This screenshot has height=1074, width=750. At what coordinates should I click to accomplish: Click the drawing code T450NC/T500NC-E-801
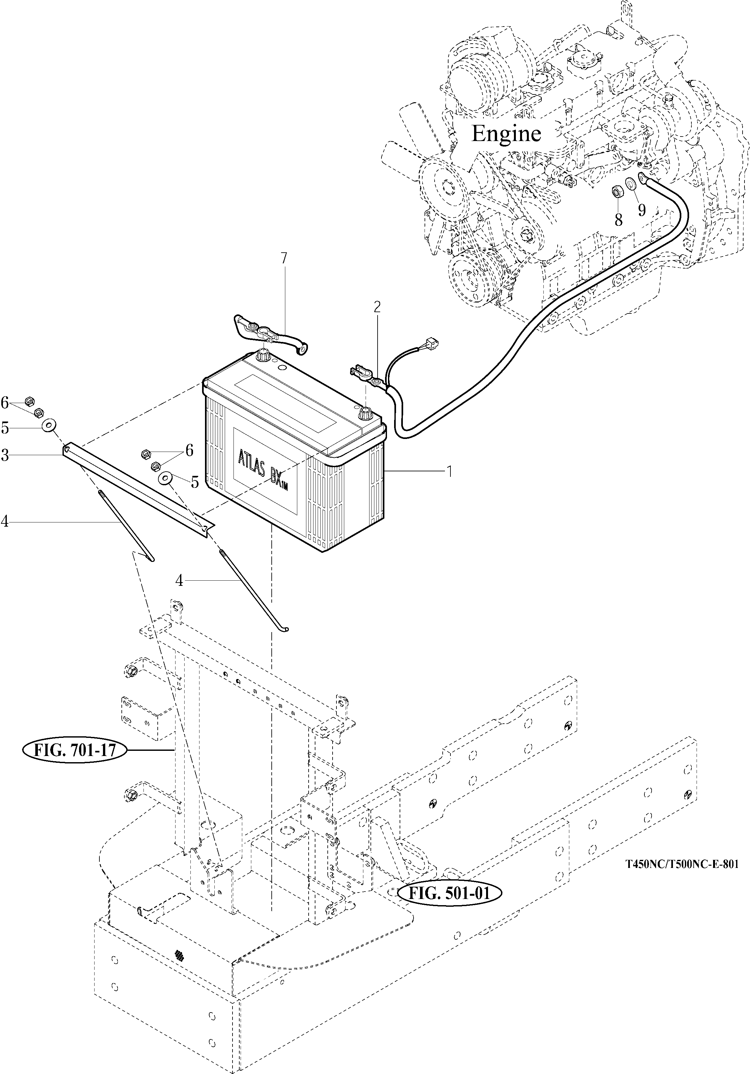point(682,864)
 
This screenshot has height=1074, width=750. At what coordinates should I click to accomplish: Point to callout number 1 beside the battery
point(449,472)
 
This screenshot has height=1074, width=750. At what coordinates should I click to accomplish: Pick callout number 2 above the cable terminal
point(377,307)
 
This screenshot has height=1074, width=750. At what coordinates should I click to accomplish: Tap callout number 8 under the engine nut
point(619,220)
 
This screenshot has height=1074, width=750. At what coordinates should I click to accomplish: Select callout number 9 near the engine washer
point(642,211)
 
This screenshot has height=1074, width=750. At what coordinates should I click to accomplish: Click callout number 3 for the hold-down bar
point(5,455)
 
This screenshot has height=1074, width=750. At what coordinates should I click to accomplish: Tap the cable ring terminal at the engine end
point(642,177)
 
